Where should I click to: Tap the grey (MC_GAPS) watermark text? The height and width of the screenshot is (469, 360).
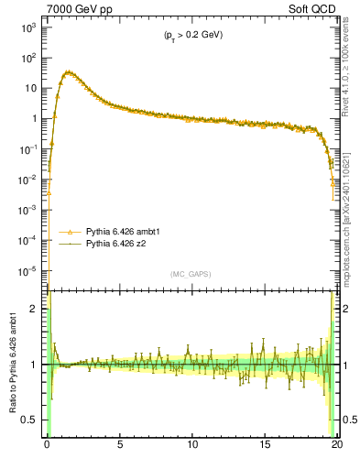coord(192,274)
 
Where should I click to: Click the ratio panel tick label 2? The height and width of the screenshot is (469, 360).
coord(37,310)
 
